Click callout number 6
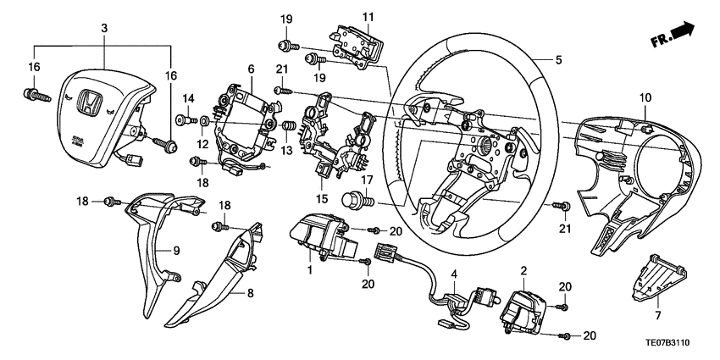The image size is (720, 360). click(251, 68)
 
